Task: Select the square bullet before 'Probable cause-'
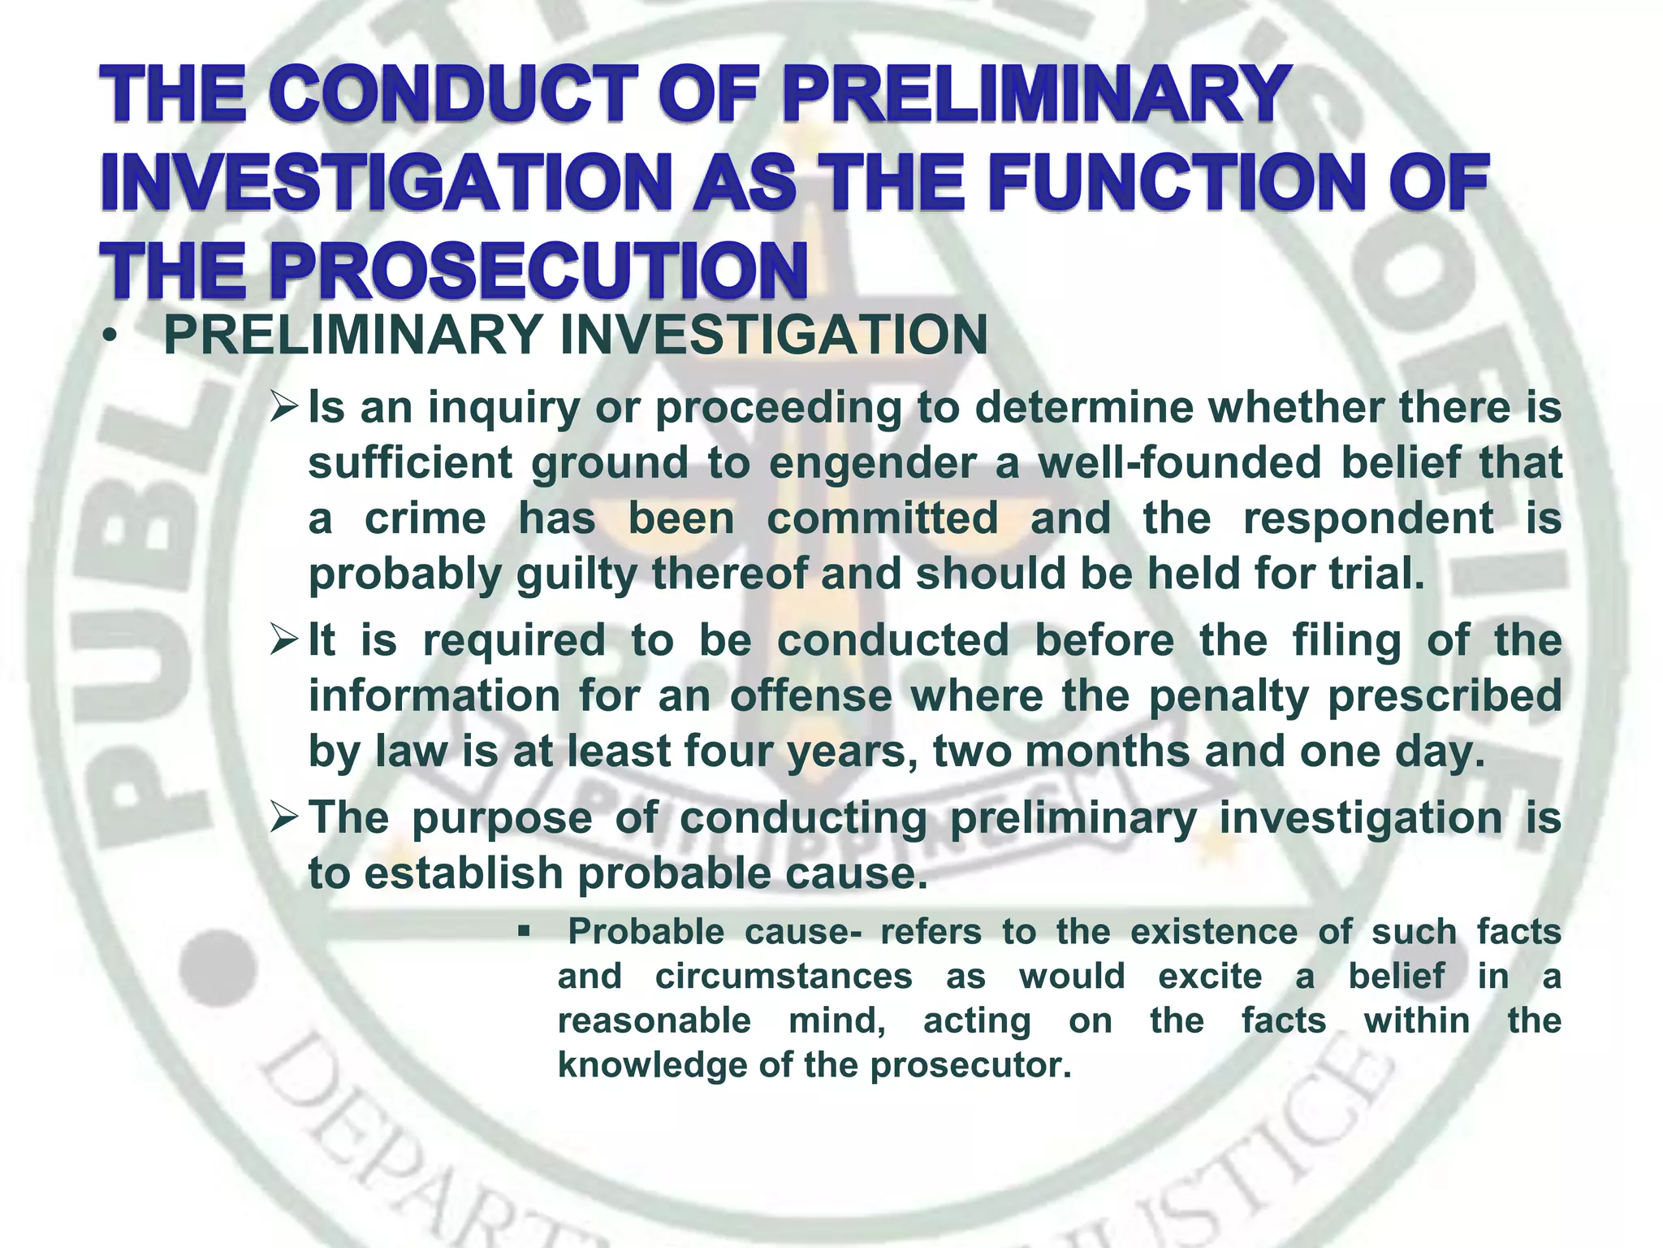click(x=525, y=929)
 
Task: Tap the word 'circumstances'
click(x=784, y=976)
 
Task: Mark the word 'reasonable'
click(x=654, y=1020)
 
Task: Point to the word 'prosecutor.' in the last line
click(x=972, y=1065)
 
